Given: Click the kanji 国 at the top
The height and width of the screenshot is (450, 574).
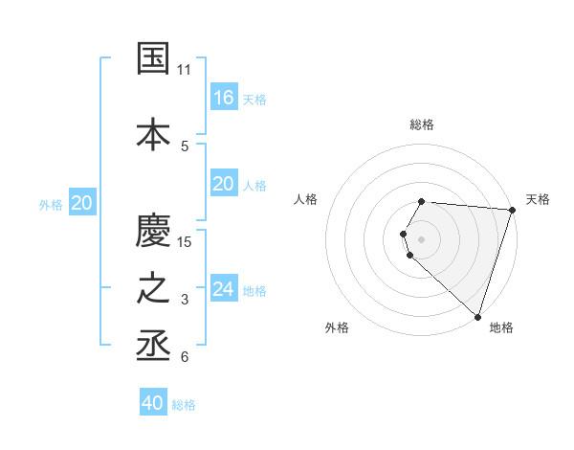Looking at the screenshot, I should [154, 58].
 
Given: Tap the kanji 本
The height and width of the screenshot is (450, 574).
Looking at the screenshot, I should [154, 133].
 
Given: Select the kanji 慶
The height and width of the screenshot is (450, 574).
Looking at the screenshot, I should [154, 231].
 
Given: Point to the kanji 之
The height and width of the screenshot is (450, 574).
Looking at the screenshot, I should [154, 289].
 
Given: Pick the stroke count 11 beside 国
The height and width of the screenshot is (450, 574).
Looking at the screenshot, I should [185, 70].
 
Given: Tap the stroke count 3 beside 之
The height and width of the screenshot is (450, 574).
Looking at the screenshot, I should [185, 301].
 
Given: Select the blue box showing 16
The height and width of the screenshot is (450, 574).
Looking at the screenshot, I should [223, 97].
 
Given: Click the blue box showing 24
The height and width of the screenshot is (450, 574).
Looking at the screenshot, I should [223, 289].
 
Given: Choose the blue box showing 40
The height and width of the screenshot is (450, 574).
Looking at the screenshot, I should [153, 403].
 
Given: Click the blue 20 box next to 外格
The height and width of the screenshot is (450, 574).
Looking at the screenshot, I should [81, 202].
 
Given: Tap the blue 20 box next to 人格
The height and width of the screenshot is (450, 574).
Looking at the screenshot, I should [223, 184].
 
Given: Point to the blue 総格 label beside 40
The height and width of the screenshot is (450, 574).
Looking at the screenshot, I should [184, 405].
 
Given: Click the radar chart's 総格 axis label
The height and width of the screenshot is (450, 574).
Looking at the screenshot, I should [421, 124].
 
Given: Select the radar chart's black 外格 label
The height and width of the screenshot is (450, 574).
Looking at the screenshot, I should [337, 327].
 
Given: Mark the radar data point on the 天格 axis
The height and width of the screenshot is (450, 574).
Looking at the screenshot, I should [512, 210].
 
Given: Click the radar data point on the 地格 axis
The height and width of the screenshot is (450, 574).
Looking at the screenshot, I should [477, 316].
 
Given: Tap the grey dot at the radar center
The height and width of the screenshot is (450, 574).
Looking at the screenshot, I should [421, 238].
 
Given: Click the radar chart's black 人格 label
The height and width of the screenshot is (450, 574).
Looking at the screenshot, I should [306, 199].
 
